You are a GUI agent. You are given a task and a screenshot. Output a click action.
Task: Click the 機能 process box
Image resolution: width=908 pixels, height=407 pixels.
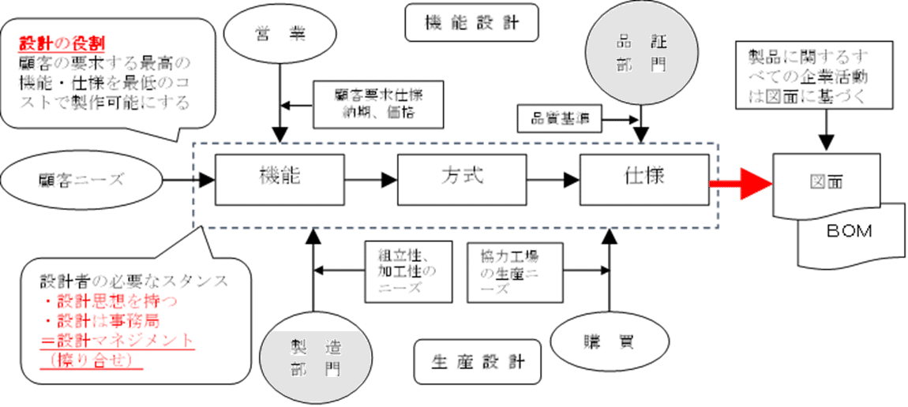280,181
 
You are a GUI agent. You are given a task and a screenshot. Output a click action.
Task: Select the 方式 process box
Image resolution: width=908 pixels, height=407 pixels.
461,181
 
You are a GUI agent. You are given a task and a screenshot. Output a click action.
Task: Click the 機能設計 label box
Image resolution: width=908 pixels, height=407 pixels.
472,22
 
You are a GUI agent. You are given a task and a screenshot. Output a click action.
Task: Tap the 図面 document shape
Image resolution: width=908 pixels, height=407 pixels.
826,182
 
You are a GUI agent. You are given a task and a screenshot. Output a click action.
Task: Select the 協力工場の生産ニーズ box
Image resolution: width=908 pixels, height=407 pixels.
514,271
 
